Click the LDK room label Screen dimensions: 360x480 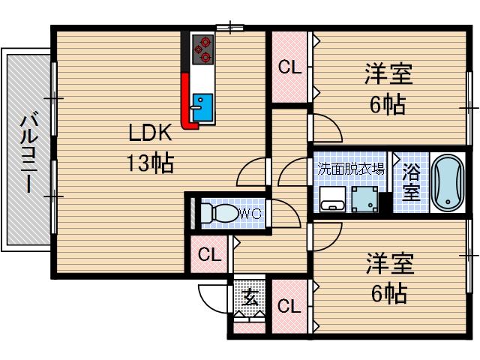pos(151,134)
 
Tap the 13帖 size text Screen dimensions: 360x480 pos(151,161)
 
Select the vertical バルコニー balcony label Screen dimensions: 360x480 pos(28,152)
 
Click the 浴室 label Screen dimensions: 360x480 pos(409,182)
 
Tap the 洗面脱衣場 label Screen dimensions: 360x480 pos(349,168)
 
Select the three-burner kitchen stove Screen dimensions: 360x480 pos(202,50)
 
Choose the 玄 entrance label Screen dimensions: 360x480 pos(248,300)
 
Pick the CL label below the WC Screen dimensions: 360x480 pos(209,256)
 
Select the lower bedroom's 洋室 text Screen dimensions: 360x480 pos(389,265)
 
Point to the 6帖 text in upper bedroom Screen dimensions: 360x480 pos(388,104)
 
